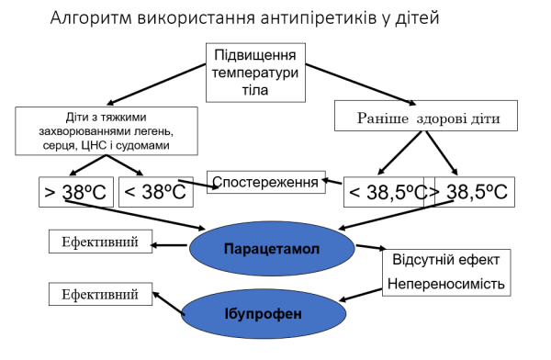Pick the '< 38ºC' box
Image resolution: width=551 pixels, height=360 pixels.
[x=155, y=192]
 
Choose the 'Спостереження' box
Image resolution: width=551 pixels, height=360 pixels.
[x=267, y=183]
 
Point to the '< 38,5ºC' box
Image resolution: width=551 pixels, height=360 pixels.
[x=386, y=193]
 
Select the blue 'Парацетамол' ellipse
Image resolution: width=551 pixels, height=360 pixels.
[x=272, y=248]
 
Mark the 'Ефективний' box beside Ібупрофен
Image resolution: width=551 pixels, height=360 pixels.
[x=100, y=295]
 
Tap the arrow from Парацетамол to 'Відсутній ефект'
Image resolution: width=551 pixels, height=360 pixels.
[x=369, y=248]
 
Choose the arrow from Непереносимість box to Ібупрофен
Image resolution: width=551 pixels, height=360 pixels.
[x=363, y=293]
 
